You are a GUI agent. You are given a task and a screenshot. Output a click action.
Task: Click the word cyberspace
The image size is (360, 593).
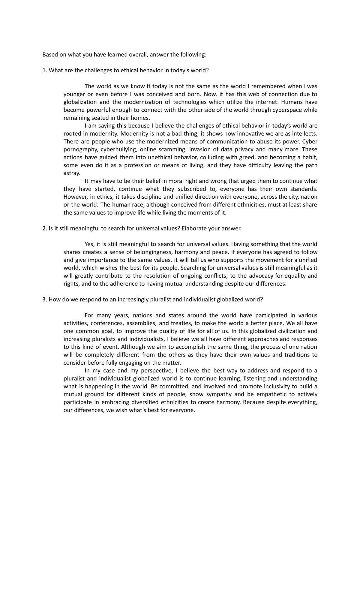286,110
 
